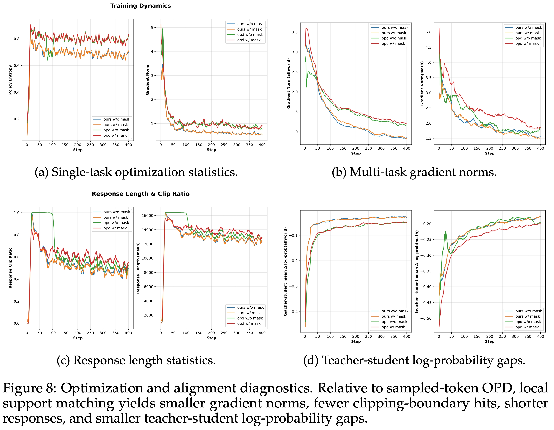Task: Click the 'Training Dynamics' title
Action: click(x=141, y=6)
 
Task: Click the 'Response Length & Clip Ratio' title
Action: click(x=141, y=194)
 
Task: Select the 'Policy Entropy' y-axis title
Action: click(x=10, y=80)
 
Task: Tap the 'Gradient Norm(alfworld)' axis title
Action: click(x=288, y=83)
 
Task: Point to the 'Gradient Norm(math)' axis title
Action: click(x=422, y=83)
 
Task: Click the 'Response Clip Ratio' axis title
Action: click(x=10, y=268)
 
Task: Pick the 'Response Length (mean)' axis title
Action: click(x=138, y=268)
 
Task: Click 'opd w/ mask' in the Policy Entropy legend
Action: click(x=115, y=136)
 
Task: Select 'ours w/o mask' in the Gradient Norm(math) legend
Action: click(x=528, y=27)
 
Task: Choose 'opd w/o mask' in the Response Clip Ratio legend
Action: click(x=116, y=223)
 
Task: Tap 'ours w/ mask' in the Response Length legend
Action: click(x=249, y=313)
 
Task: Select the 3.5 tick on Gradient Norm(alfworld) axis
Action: click(x=294, y=32)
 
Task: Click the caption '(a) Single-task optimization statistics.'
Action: click(x=136, y=172)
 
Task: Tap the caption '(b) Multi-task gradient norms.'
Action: click(x=414, y=172)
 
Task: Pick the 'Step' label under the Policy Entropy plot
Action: click(x=78, y=150)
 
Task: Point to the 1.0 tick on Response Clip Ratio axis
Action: click(x=16, y=213)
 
